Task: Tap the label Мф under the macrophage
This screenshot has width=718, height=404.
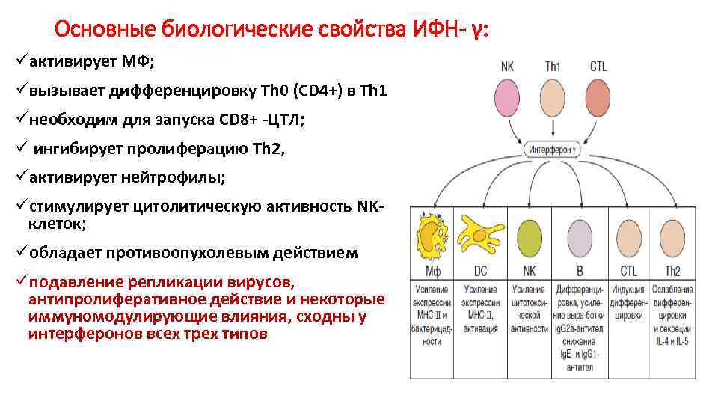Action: pyautogui.click(x=433, y=270)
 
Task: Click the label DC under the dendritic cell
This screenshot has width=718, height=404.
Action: pyautogui.click(x=481, y=270)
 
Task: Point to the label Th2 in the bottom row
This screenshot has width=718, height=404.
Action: pyautogui.click(x=671, y=270)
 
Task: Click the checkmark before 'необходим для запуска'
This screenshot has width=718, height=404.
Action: pyautogui.click(x=20, y=119)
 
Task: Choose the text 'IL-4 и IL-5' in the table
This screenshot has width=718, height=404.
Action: pyautogui.click(x=671, y=341)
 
